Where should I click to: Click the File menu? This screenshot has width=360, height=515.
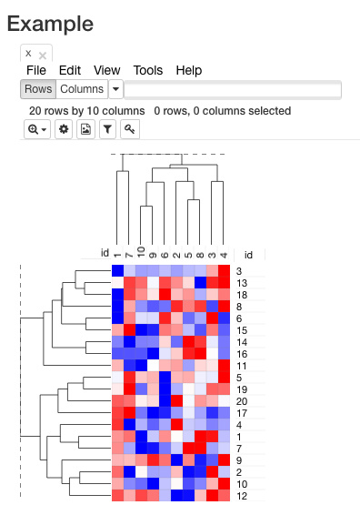[x=36, y=70]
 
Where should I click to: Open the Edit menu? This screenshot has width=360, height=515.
[x=70, y=70]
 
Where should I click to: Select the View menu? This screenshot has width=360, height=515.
[x=106, y=70]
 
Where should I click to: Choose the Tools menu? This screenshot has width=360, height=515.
[x=147, y=70]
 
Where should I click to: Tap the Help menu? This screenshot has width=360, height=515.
[x=188, y=70]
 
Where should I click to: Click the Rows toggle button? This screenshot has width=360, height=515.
[x=38, y=89]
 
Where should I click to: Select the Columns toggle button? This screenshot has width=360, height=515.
[x=81, y=89]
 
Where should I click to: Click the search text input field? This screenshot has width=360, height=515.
[x=233, y=89]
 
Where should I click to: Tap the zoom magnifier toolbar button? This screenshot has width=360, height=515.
[x=38, y=130]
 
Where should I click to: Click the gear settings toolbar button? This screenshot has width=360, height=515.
[x=64, y=130]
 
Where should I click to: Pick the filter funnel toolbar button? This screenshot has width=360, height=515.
[x=108, y=130]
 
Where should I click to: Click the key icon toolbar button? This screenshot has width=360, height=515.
[x=130, y=130]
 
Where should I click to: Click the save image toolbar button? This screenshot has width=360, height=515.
[x=86, y=130]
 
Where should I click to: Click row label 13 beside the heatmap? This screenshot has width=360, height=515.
[x=242, y=283]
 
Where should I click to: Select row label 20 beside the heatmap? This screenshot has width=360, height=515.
[x=242, y=401]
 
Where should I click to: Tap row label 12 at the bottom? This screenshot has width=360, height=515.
[x=242, y=496]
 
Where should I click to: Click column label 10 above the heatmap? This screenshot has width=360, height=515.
[x=141, y=252]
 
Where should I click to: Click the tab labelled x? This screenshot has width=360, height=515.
[x=28, y=54]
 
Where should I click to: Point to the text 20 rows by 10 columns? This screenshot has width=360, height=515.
[x=86, y=111]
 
